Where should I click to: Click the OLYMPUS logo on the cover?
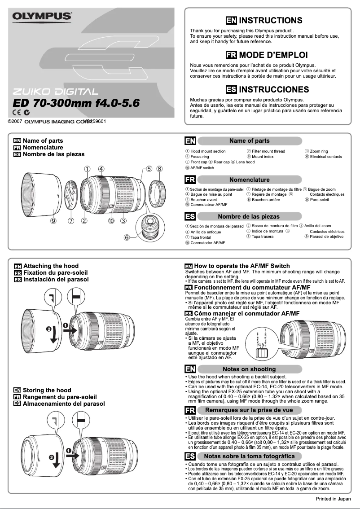coord(42,17)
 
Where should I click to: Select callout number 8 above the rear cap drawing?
coord(159,169)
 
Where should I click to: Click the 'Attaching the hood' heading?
coord(50,266)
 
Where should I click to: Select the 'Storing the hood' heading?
coord(47,390)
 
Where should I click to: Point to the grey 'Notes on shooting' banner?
coord(249,369)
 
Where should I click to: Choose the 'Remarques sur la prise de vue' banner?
coord(249,410)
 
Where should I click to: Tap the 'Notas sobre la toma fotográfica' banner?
coord(249,456)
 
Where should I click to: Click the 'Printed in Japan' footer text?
coord(334,498)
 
